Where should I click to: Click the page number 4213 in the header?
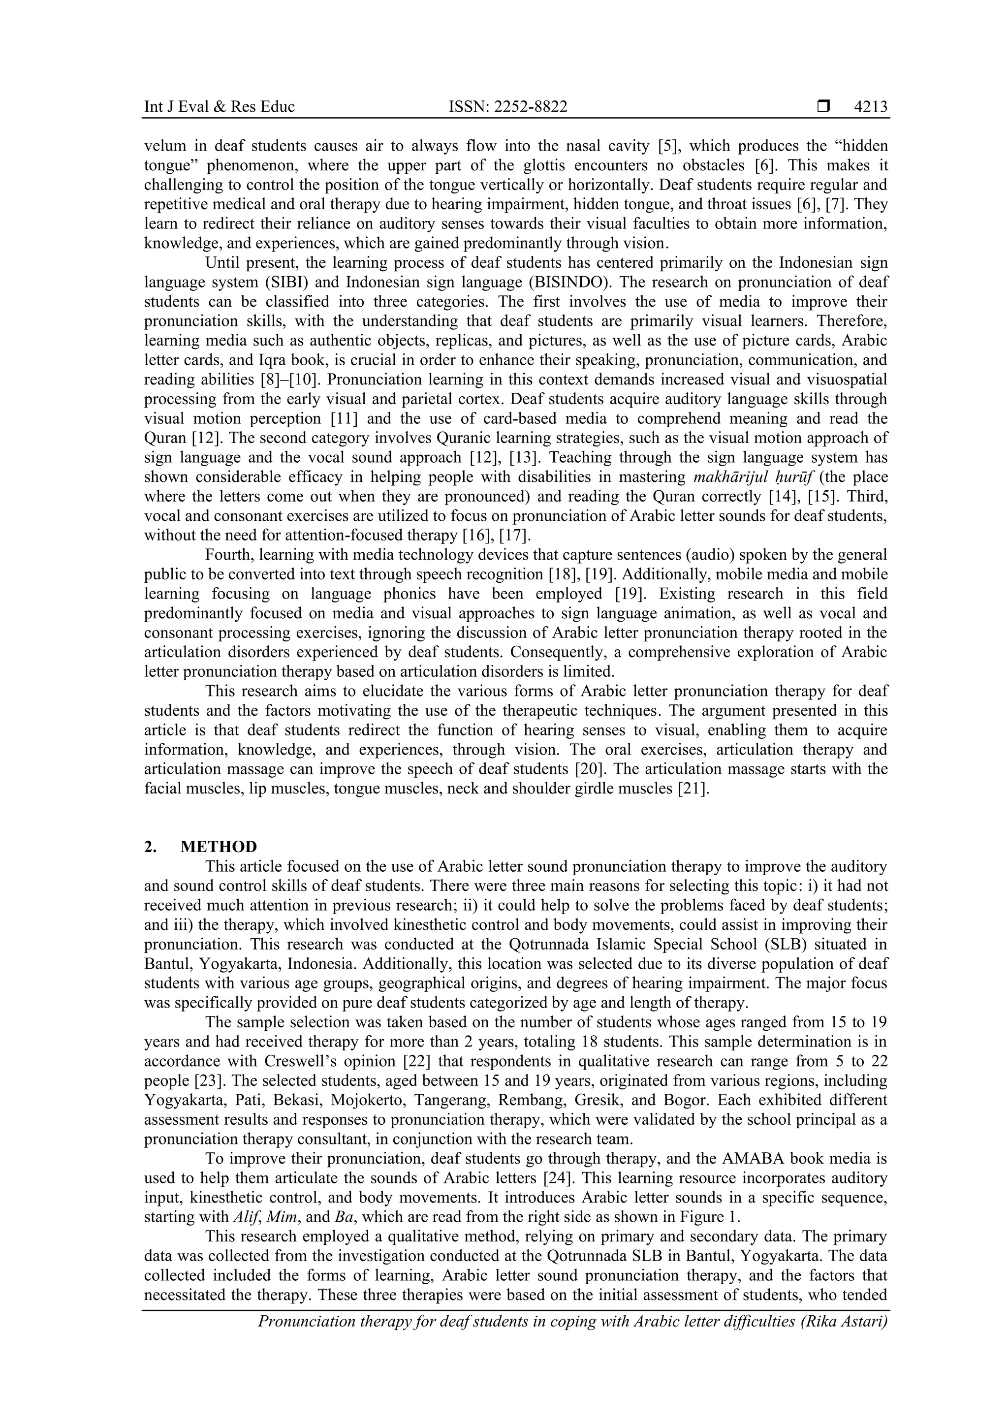point(870,107)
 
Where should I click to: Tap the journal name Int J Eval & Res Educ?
point(219,107)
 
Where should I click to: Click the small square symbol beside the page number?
point(823,107)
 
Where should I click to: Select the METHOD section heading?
point(219,847)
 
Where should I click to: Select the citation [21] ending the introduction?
point(693,789)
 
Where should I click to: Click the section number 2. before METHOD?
point(150,847)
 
